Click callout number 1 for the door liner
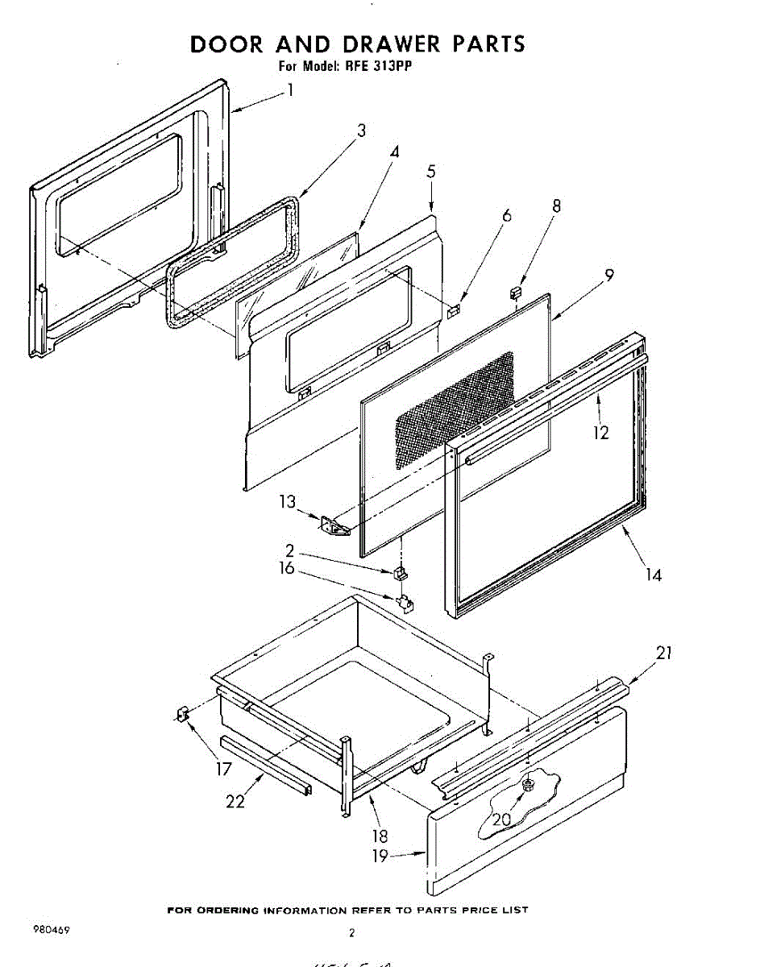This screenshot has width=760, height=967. [x=289, y=91]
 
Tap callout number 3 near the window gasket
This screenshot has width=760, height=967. [x=361, y=131]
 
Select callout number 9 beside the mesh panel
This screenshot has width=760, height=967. [x=610, y=275]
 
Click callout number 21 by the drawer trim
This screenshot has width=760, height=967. [x=663, y=653]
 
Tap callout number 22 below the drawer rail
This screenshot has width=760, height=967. [x=235, y=803]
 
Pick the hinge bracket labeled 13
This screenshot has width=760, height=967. [x=333, y=526]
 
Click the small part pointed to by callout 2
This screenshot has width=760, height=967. [x=400, y=573]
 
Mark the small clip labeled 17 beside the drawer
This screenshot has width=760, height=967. [x=182, y=713]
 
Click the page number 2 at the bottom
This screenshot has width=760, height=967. [x=351, y=934]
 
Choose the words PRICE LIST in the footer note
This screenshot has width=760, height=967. [x=497, y=910]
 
